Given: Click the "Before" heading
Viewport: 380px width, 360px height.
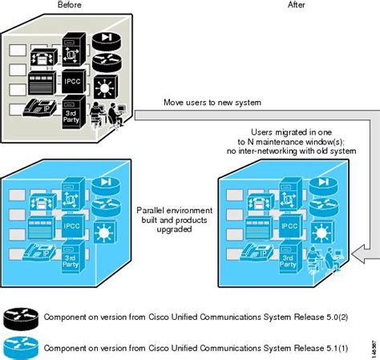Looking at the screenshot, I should pyautogui.click(x=70, y=5).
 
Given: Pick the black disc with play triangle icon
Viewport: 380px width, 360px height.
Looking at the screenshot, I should pyautogui.click(x=107, y=39).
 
